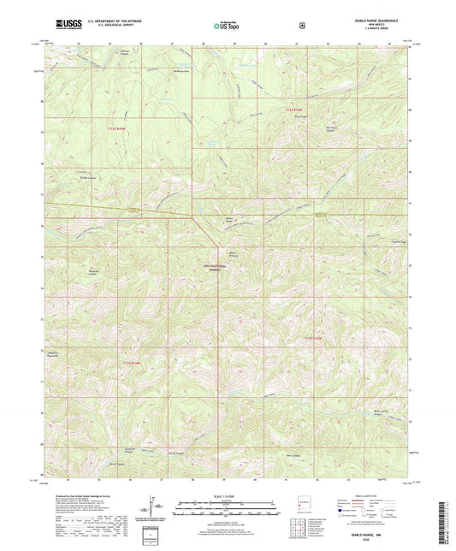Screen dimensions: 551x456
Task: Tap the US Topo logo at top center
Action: point(228,25)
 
